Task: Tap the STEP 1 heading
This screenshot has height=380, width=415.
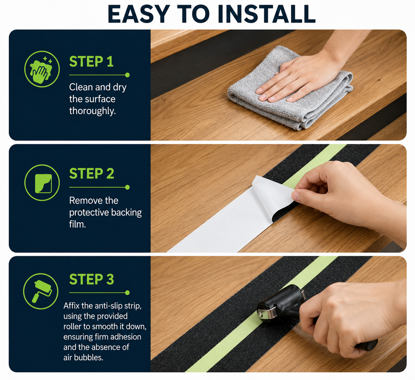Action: tap(91, 61)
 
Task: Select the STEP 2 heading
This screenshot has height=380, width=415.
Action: tap(92, 173)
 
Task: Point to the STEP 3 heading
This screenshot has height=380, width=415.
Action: tap(92, 279)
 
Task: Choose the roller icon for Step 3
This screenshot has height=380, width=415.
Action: tap(41, 291)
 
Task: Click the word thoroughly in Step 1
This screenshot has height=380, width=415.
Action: tap(92, 111)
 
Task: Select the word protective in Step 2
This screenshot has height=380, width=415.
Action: tap(89, 213)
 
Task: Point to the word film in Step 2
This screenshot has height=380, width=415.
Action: tap(77, 224)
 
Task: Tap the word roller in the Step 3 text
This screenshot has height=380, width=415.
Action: tap(72, 326)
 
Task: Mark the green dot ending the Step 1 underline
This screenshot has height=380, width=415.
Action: tap(127, 75)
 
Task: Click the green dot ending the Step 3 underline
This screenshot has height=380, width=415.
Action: tap(127, 293)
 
